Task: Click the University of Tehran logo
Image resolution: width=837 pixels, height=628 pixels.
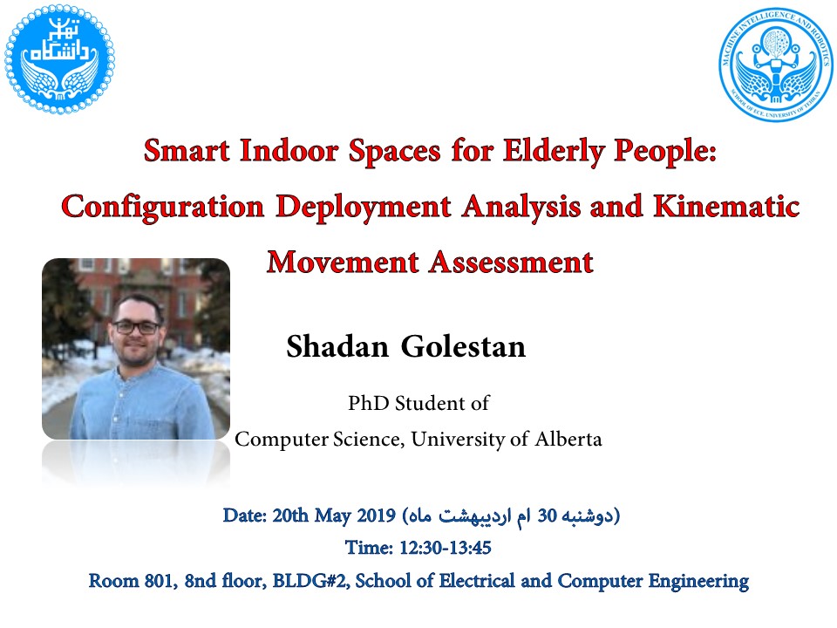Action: pyautogui.click(x=59, y=59)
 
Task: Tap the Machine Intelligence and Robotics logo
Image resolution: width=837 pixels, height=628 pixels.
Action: pyautogui.click(x=775, y=64)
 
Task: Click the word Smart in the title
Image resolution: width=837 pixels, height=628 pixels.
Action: pyautogui.click(x=187, y=151)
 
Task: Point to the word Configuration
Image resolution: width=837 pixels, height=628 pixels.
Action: pyautogui.click(x=163, y=208)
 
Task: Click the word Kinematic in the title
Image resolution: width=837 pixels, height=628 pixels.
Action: pyautogui.click(x=726, y=206)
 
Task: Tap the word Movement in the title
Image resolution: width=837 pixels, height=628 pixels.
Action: pyautogui.click(x=343, y=263)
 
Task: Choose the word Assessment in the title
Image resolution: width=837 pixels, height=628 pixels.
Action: pyautogui.click(x=512, y=263)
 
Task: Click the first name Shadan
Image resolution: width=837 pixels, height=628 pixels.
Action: pyautogui.click(x=337, y=346)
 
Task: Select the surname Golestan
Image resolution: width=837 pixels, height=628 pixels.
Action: pyautogui.click(x=463, y=346)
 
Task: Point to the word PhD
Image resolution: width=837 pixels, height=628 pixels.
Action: pyautogui.click(x=368, y=403)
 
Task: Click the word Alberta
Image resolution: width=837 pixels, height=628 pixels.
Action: pyautogui.click(x=568, y=439)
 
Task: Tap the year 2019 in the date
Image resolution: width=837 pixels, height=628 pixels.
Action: pyautogui.click(x=376, y=515)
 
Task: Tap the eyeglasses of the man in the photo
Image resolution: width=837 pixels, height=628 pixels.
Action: pyautogui.click(x=136, y=327)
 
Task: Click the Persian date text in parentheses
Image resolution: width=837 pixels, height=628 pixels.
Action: pyautogui.click(x=511, y=516)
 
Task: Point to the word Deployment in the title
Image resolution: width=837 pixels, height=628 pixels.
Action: pyautogui.click(x=364, y=208)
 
